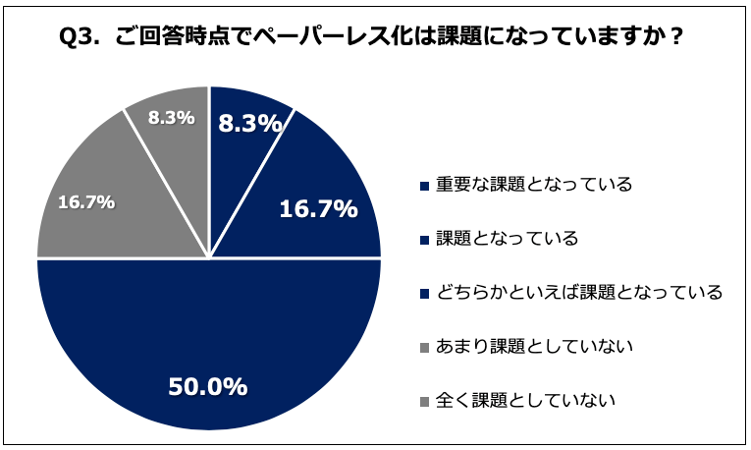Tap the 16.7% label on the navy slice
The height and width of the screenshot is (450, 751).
coord(318,208)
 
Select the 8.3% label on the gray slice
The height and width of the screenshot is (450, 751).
coord(170,117)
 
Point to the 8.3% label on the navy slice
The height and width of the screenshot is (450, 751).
coord(249,124)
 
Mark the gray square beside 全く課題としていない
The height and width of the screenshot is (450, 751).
coord(423,401)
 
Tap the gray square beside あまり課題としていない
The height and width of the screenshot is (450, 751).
coord(423,347)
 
